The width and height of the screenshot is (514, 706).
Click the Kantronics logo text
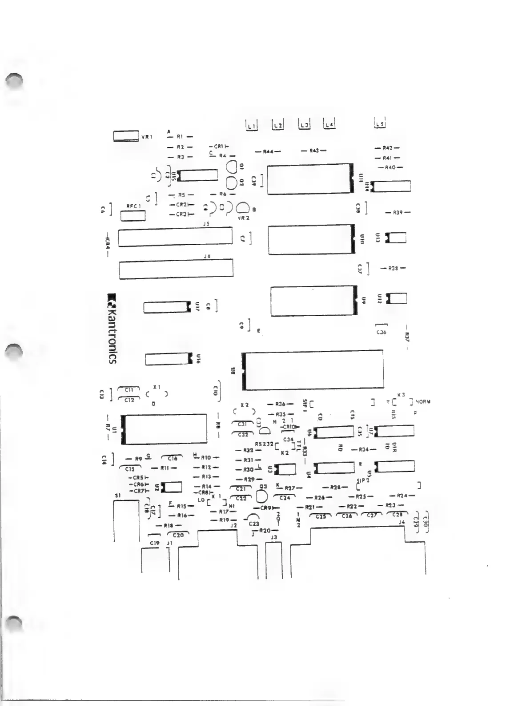112,329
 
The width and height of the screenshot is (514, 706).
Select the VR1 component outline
126,136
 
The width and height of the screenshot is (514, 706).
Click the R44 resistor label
268,151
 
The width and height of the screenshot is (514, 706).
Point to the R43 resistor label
314,151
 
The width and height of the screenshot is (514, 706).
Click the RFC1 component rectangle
133,216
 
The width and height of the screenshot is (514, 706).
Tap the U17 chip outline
165,307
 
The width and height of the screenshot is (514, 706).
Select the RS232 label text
264,444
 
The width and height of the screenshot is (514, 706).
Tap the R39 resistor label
398,213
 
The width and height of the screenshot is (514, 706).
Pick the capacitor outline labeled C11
129,389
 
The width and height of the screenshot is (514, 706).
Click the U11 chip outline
309,179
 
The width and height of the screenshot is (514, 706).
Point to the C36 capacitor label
381,332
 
